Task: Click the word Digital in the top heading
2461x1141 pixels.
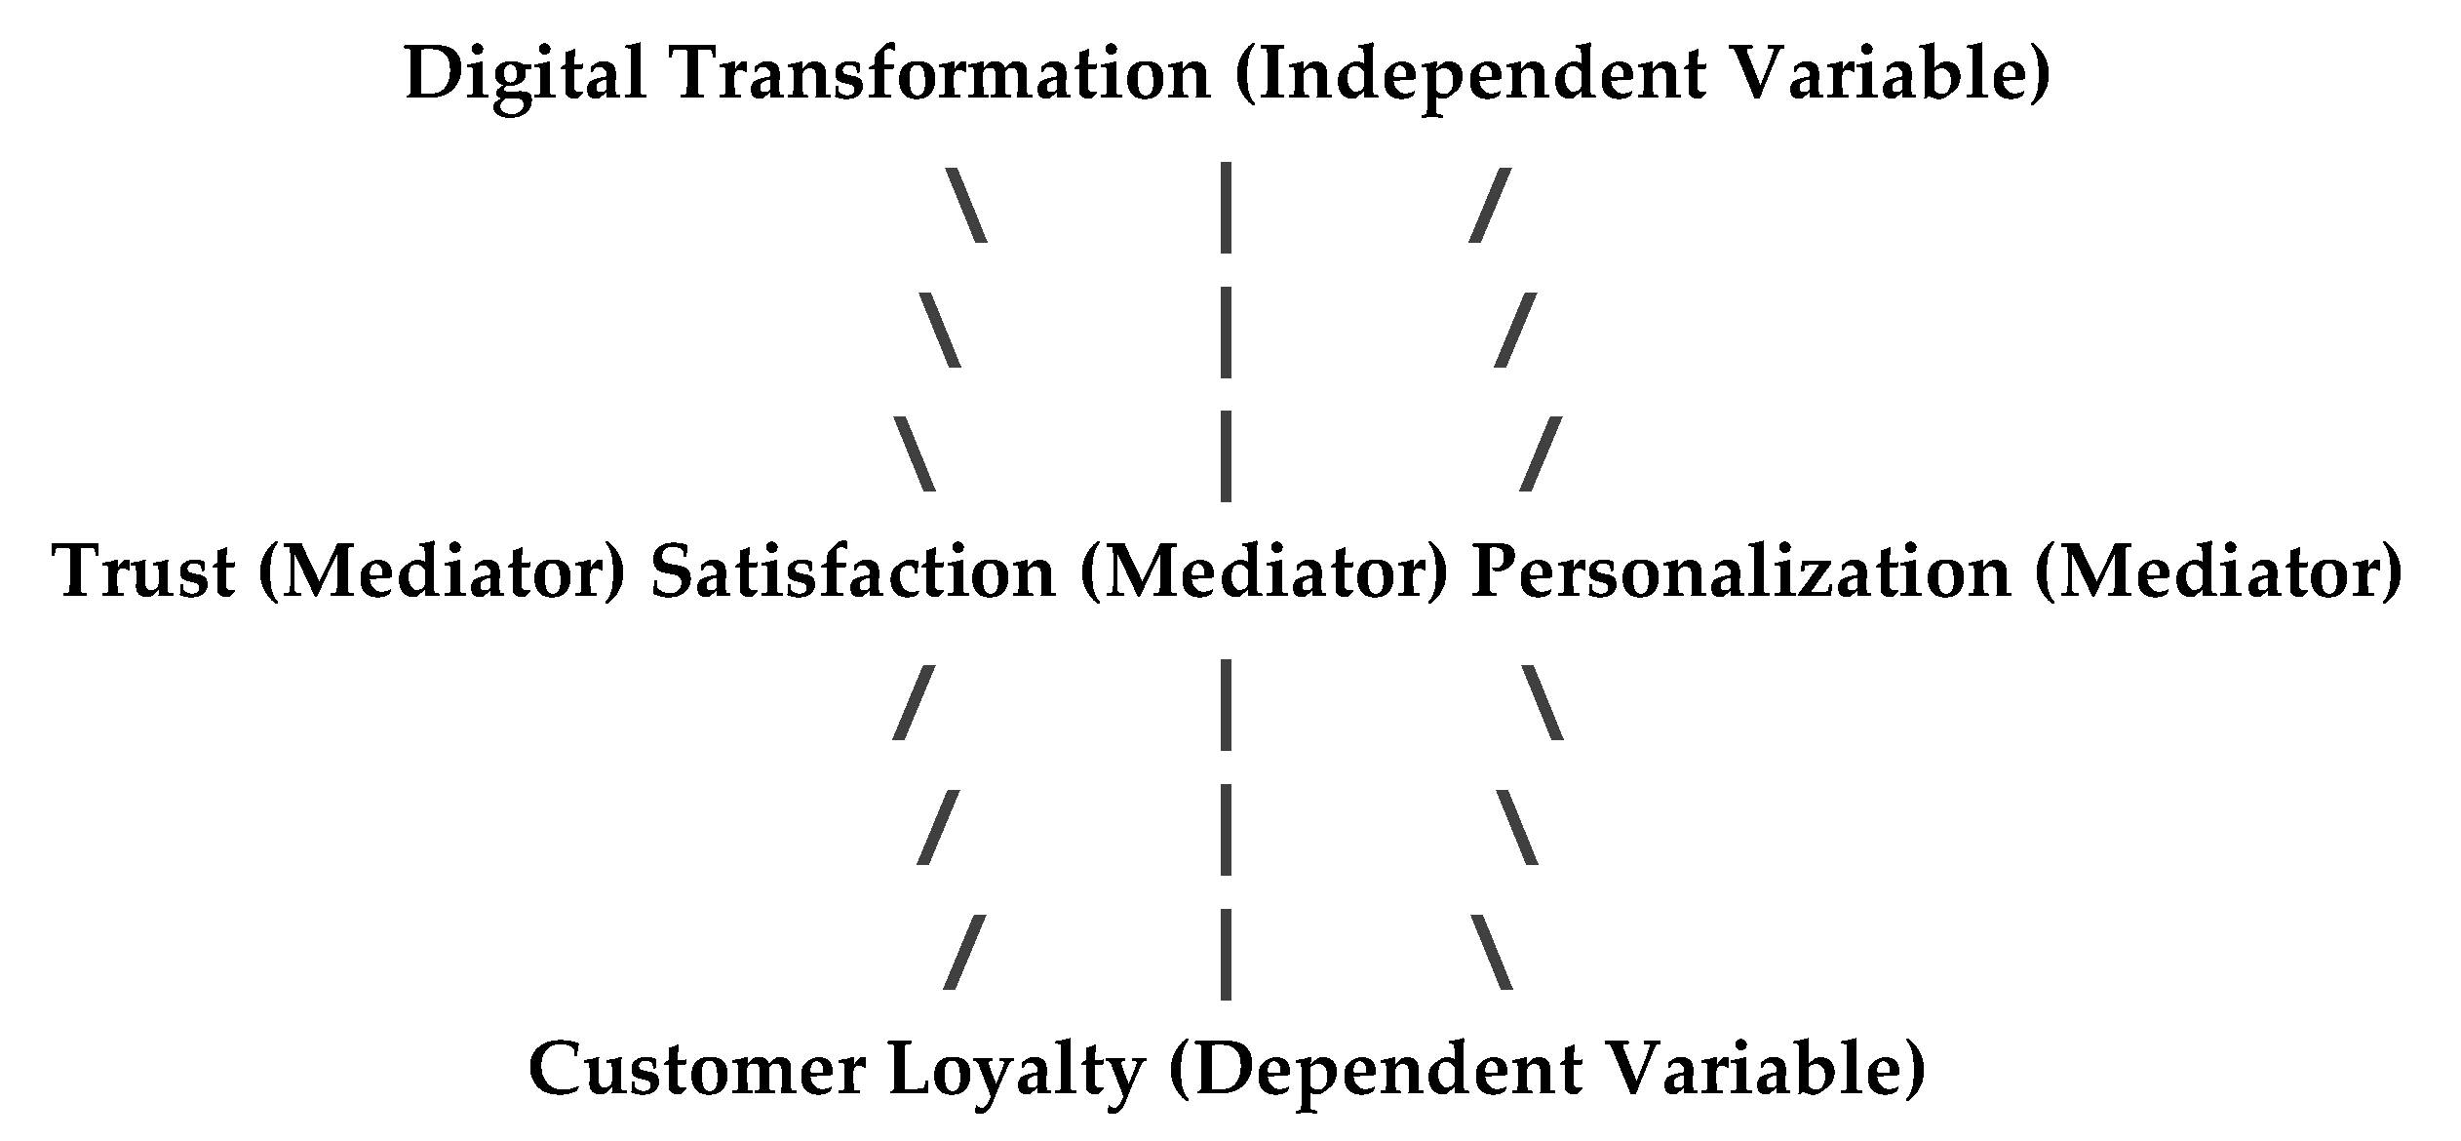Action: point(526,75)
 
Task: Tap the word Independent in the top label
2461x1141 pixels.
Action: point(1481,75)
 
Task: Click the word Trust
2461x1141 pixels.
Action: point(144,572)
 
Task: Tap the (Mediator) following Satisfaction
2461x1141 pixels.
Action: point(1264,572)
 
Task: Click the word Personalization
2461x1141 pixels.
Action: point(1740,572)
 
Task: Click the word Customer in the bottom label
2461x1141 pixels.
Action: point(697,1070)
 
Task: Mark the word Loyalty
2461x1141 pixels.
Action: point(1016,1070)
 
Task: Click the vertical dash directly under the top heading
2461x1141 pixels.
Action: point(1226,208)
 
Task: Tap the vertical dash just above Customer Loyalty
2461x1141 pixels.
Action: point(1226,954)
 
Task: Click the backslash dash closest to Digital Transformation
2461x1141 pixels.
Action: point(966,205)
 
